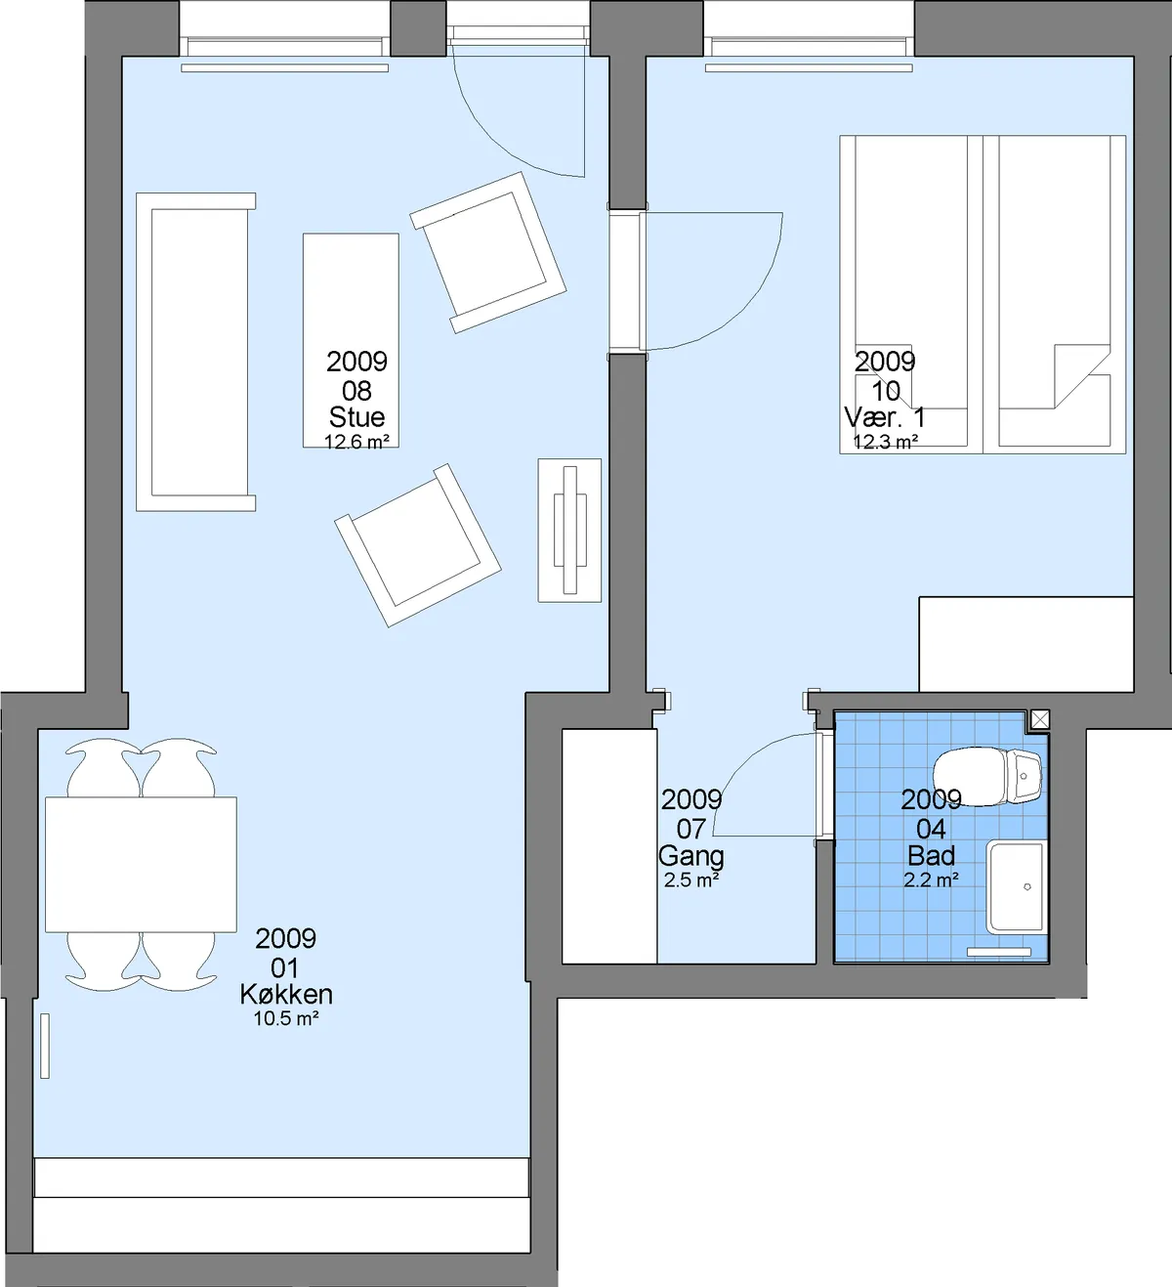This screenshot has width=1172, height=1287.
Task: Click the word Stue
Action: (356, 417)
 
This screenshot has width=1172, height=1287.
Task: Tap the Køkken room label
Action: (286, 995)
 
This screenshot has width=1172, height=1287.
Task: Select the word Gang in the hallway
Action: (691, 856)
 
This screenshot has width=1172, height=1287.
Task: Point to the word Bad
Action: (931, 856)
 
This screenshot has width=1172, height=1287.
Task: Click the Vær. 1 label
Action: (885, 417)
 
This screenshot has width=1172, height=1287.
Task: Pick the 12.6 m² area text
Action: (356, 442)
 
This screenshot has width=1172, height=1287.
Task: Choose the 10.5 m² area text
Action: (286, 1018)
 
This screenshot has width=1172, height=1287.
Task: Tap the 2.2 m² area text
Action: (931, 879)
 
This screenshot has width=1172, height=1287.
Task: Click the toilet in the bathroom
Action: (986, 776)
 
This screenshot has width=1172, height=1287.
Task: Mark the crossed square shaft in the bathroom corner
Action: (1040, 719)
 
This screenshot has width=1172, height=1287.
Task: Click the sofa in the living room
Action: (195, 352)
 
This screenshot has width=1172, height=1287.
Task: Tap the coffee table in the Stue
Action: (351, 340)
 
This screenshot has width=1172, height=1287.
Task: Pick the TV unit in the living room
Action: (569, 530)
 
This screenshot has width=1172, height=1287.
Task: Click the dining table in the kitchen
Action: (141, 864)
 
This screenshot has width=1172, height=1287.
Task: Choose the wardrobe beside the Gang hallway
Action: (609, 846)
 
